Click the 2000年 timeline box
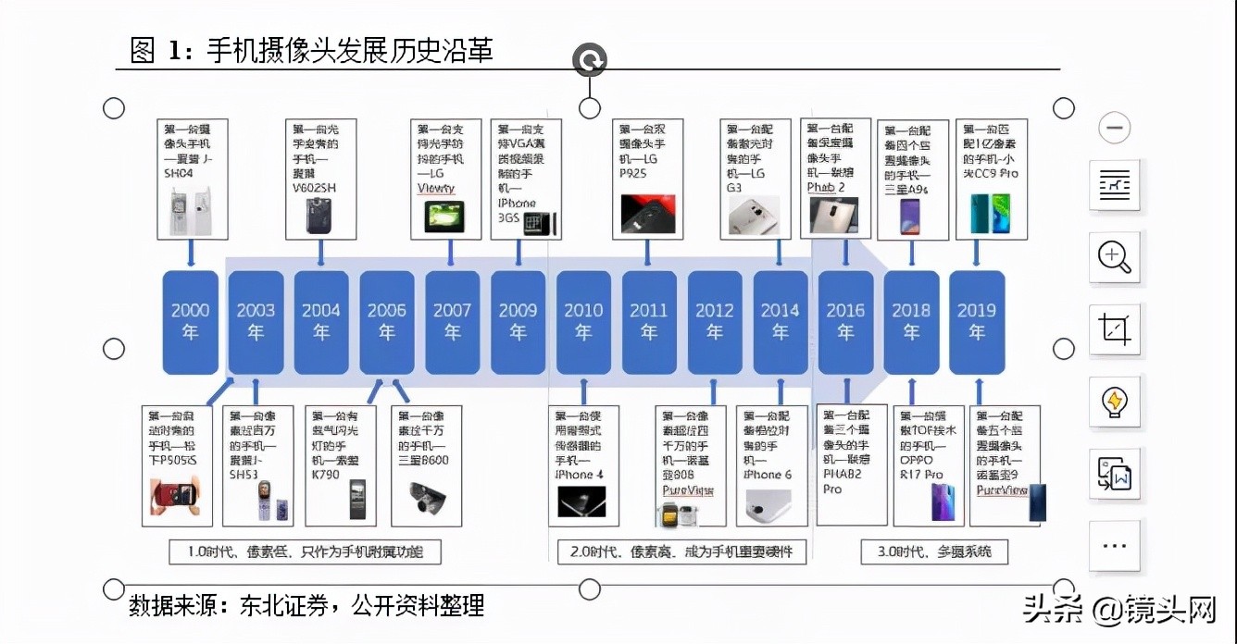pos(190,322)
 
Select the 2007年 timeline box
pos(452,322)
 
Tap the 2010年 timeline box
pos(583,322)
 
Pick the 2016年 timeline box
pos(845,322)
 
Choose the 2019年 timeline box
pos(977,322)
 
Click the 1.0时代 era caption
pos(305,551)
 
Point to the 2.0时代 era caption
pos(681,551)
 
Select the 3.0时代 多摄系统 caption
pos(933,551)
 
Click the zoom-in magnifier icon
pos(1114,256)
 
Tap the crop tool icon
pos(1114,329)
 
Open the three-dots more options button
pos(1114,545)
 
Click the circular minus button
pos(1114,128)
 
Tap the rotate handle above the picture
pos(589,61)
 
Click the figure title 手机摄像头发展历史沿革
pos(349,50)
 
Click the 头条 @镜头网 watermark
pos(1118,610)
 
